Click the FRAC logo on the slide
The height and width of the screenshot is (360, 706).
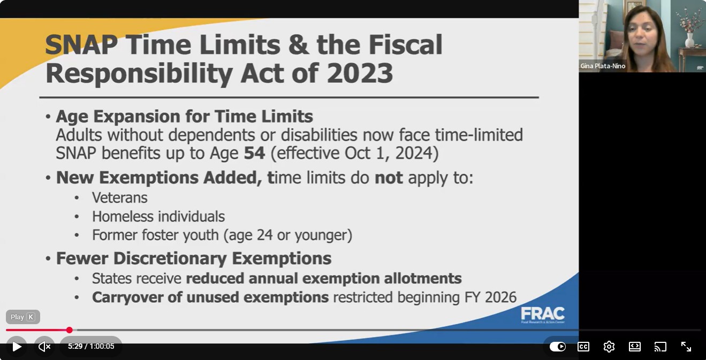[x=543, y=315]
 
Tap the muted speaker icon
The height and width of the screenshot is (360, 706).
[x=44, y=347]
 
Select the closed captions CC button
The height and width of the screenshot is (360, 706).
[x=583, y=347]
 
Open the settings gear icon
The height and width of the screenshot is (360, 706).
[x=609, y=347]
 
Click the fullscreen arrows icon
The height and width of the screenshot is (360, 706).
[x=686, y=347]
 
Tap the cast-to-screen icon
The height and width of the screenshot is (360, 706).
[x=661, y=347]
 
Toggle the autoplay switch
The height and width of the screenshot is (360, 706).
[x=558, y=347]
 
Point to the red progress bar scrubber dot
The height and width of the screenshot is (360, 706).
[x=70, y=330]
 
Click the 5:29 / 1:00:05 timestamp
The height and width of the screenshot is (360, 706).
[x=91, y=346]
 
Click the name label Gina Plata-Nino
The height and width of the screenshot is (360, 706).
[x=603, y=66]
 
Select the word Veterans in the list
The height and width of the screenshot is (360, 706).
[x=119, y=198]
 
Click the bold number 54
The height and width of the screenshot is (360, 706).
[x=254, y=153]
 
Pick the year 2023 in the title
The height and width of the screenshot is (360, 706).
[x=360, y=73]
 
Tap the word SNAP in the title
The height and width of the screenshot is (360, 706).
[x=81, y=44]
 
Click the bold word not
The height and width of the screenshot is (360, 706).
[x=389, y=178]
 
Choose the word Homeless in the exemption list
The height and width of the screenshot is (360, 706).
[x=123, y=217]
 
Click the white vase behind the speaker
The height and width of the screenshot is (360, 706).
[x=689, y=40]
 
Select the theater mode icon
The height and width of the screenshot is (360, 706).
[x=634, y=347]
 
